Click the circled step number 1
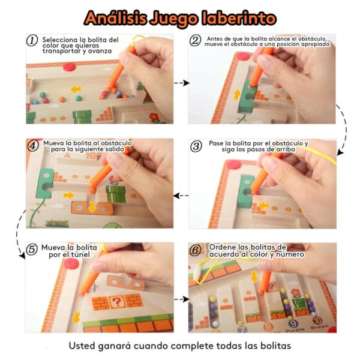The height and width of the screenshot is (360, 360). tap(32, 40)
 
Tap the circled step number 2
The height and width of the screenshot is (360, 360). tap(195, 40)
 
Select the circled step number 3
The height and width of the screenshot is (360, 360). tap(196, 146)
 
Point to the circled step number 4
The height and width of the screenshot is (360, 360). tap(32, 145)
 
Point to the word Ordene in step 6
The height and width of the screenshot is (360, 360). tap(222, 247)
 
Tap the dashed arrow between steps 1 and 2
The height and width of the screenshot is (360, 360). tap(181, 82)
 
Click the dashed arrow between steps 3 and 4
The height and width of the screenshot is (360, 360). tap(181, 196)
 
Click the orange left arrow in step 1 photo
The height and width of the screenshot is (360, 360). tap(76, 89)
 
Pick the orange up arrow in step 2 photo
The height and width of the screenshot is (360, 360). tap(237, 94)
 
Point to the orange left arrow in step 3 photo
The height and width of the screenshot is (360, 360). tap(262, 206)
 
